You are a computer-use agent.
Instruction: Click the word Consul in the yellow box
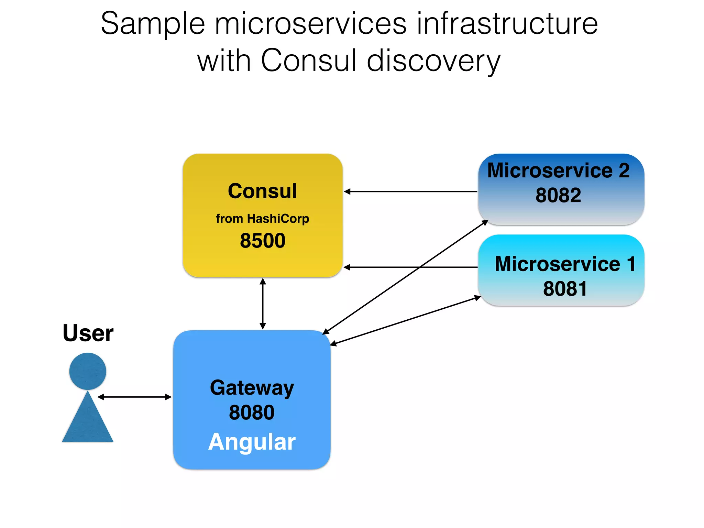(262, 191)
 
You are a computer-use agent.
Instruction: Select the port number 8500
(263, 240)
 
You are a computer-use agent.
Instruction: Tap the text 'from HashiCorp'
(262, 219)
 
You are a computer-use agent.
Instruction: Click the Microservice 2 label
(558, 170)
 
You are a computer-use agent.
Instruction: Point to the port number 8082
(558, 195)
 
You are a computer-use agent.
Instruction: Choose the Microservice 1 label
(565, 264)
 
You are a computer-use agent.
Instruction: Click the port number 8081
(565, 288)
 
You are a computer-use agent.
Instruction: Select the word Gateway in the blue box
(252, 388)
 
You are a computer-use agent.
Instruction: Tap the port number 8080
(252, 412)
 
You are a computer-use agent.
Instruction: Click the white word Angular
(252, 442)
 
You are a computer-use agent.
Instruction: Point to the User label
(88, 333)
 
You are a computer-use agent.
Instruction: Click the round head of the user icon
(88, 371)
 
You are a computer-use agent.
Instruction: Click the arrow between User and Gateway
(134, 397)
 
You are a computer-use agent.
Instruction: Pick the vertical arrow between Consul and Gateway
(263, 304)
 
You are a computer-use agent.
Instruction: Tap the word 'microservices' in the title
(310, 24)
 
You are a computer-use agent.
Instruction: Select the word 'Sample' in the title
(153, 24)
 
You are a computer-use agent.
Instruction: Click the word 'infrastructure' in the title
(507, 24)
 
